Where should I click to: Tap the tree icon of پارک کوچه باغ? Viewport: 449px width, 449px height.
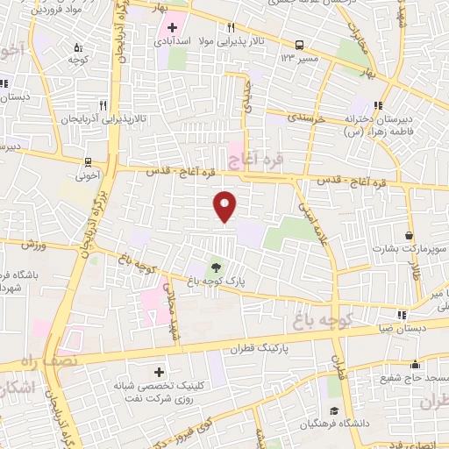pyautogui.click(x=216, y=267)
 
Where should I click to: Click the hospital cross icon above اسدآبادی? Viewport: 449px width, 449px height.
pyautogui.click(x=172, y=26)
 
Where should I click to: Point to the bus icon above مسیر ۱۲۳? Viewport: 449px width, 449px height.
pyautogui.click(x=300, y=45)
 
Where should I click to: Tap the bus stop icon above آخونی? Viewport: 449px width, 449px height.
pyautogui.click(x=88, y=161)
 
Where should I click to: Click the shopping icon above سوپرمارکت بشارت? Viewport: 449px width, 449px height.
pyautogui.click(x=410, y=235)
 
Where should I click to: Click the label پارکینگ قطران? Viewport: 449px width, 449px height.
pyautogui.click(x=260, y=349)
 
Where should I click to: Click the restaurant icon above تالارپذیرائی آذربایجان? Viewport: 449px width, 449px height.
pyautogui.click(x=103, y=102)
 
